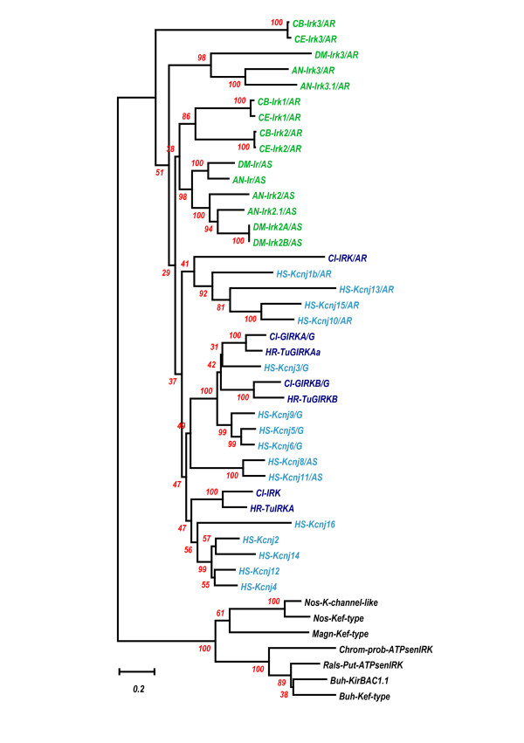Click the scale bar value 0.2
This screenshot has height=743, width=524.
pyautogui.click(x=139, y=689)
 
